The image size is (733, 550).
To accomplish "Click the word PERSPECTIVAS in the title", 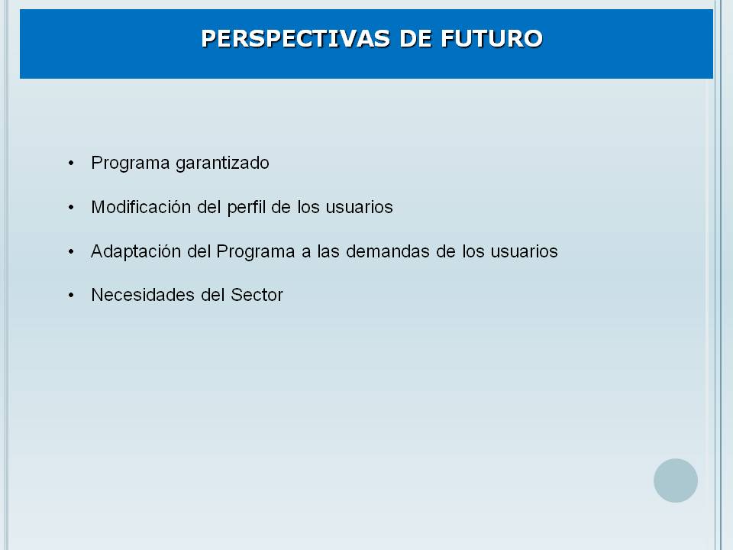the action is (x=296, y=38).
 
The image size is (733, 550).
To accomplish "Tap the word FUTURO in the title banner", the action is (x=491, y=38).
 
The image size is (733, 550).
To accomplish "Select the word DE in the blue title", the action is (x=415, y=38).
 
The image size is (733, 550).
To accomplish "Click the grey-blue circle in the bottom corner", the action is (x=676, y=480).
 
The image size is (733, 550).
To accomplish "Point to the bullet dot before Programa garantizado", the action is (x=71, y=163).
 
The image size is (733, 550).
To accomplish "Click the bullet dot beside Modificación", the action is (x=71, y=207).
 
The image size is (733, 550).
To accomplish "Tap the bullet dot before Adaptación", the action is (x=71, y=251).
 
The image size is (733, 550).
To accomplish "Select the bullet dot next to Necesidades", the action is (x=71, y=295).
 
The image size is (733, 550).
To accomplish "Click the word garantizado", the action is (x=222, y=163).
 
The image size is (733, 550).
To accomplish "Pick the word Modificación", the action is (x=141, y=207).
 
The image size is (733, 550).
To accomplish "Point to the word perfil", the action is (x=247, y=208).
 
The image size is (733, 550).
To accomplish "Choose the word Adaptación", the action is (x=136, y=251).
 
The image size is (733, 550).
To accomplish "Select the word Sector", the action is (x=257, y=295).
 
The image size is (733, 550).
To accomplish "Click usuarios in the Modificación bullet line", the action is (x=360, y=207).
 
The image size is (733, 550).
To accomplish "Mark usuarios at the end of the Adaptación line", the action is (x=524, y=251).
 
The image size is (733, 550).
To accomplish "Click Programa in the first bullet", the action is (x=131, y=163).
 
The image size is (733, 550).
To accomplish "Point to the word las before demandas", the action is (x=328, y=251).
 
